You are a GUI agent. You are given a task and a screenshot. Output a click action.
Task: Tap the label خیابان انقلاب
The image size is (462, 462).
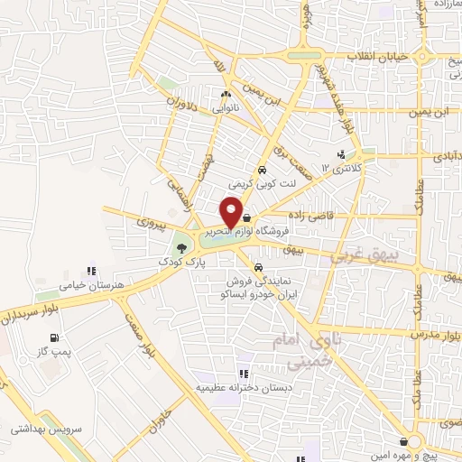(x=379, y=56)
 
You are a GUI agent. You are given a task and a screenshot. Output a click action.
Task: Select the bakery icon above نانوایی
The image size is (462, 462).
(x=226, y=93)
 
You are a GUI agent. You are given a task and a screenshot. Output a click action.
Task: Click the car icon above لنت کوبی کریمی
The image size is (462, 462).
(x=261, y=170)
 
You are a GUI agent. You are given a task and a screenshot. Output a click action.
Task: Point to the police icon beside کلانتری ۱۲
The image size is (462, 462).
(x=340, y=154)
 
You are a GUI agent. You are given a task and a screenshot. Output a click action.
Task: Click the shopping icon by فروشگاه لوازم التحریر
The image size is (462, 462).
(x=247, y=218)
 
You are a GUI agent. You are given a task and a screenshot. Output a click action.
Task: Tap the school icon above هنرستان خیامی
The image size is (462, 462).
(x=89, y=270)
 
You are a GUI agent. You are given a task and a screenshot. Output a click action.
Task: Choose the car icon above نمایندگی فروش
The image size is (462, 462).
(x=259, y=268)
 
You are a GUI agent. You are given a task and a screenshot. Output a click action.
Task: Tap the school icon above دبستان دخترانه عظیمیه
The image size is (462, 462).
(x=243, y=373)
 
